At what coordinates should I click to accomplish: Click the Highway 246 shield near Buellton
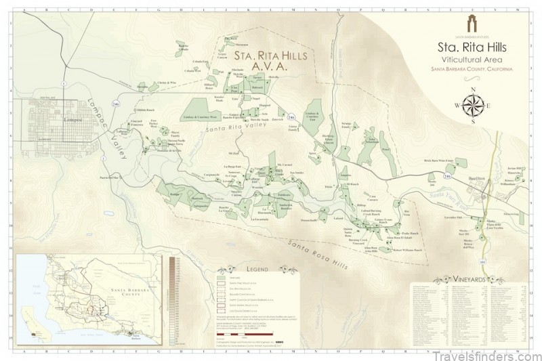446,175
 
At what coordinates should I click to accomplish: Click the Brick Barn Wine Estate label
438,161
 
